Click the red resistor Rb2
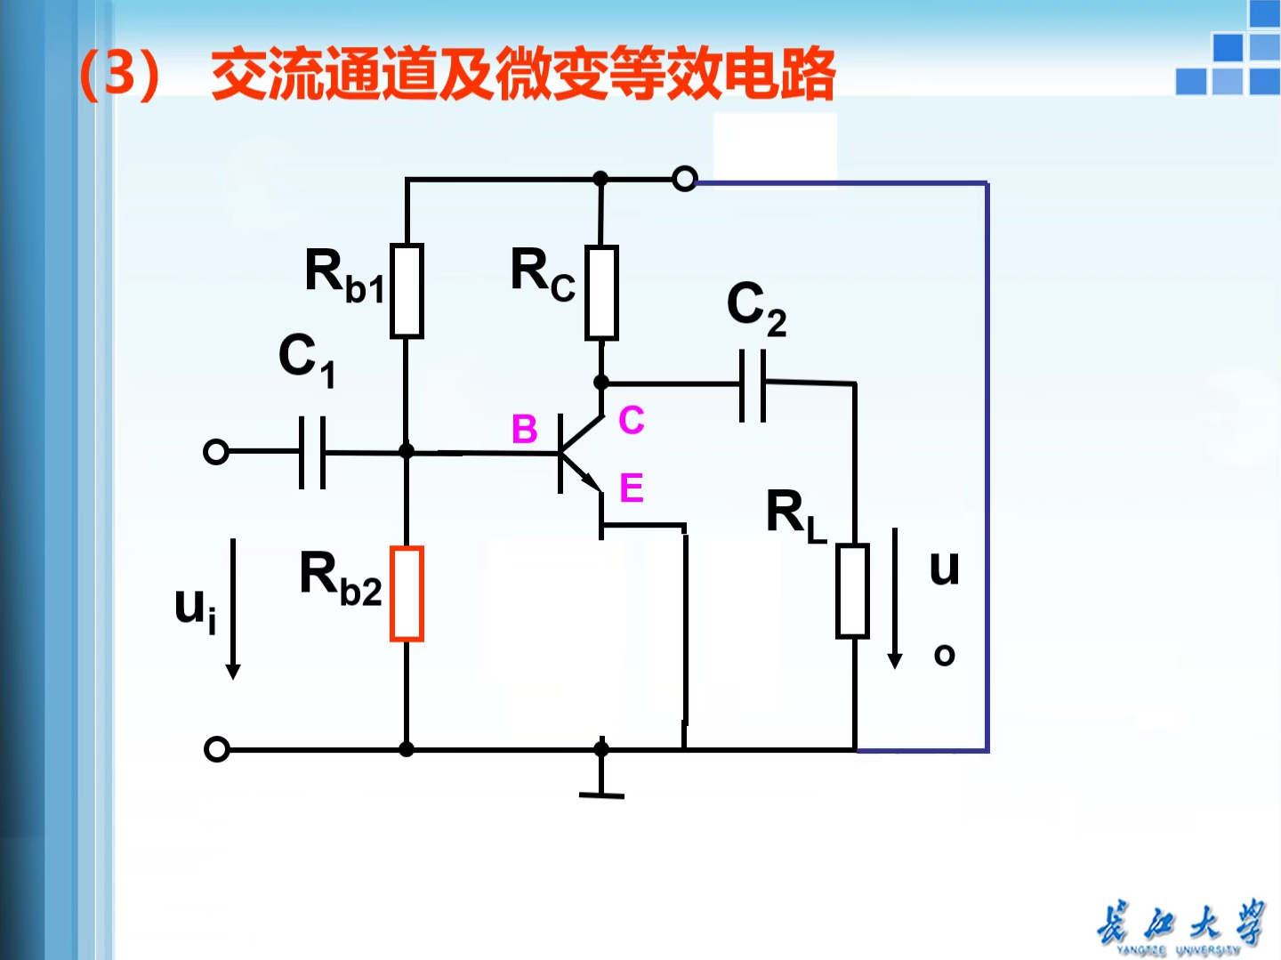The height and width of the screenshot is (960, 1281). pyautogui.click(x=407, y=593)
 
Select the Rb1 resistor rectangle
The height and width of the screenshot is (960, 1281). pyautogui.click(x=407, y=291)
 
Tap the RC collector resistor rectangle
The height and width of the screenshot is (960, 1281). pyautogui.click(x=601, y=293)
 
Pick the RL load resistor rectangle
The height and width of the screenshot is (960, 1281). pyautogui.click(x=852, y=591)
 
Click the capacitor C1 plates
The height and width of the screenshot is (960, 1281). pyautogui.click(x=311, y=452)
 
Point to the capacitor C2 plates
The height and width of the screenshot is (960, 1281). pyautogui.click(x=753, y=384)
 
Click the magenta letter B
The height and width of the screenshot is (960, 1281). pyautogui.click(x=524, y=430)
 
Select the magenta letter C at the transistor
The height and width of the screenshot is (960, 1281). pyautogui.click(x=631, y=420)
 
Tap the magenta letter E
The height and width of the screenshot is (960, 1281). pyautogui.click(x=631, y=488)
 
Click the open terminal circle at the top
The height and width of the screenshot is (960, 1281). pyautogui.click(x=684, y=179)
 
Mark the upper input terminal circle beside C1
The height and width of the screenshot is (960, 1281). pyautogui.click(x=216, y=452)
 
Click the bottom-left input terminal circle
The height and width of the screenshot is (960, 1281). pyautogui.click(x=216, y=749)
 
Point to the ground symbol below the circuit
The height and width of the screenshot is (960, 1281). pyautogui.click(x=601, y=783)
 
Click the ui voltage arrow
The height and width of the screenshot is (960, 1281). pyautogui.click(x=233, y=609)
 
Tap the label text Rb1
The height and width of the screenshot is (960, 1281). pyautogui.click(x=344, y=275)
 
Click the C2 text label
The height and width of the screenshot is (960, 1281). pyautogui.click(x=756, y=308)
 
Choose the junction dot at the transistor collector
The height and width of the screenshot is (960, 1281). pyautogui.click(x=601, y=383)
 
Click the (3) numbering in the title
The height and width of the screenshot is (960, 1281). pyautogui.click(x=119, y=74)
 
